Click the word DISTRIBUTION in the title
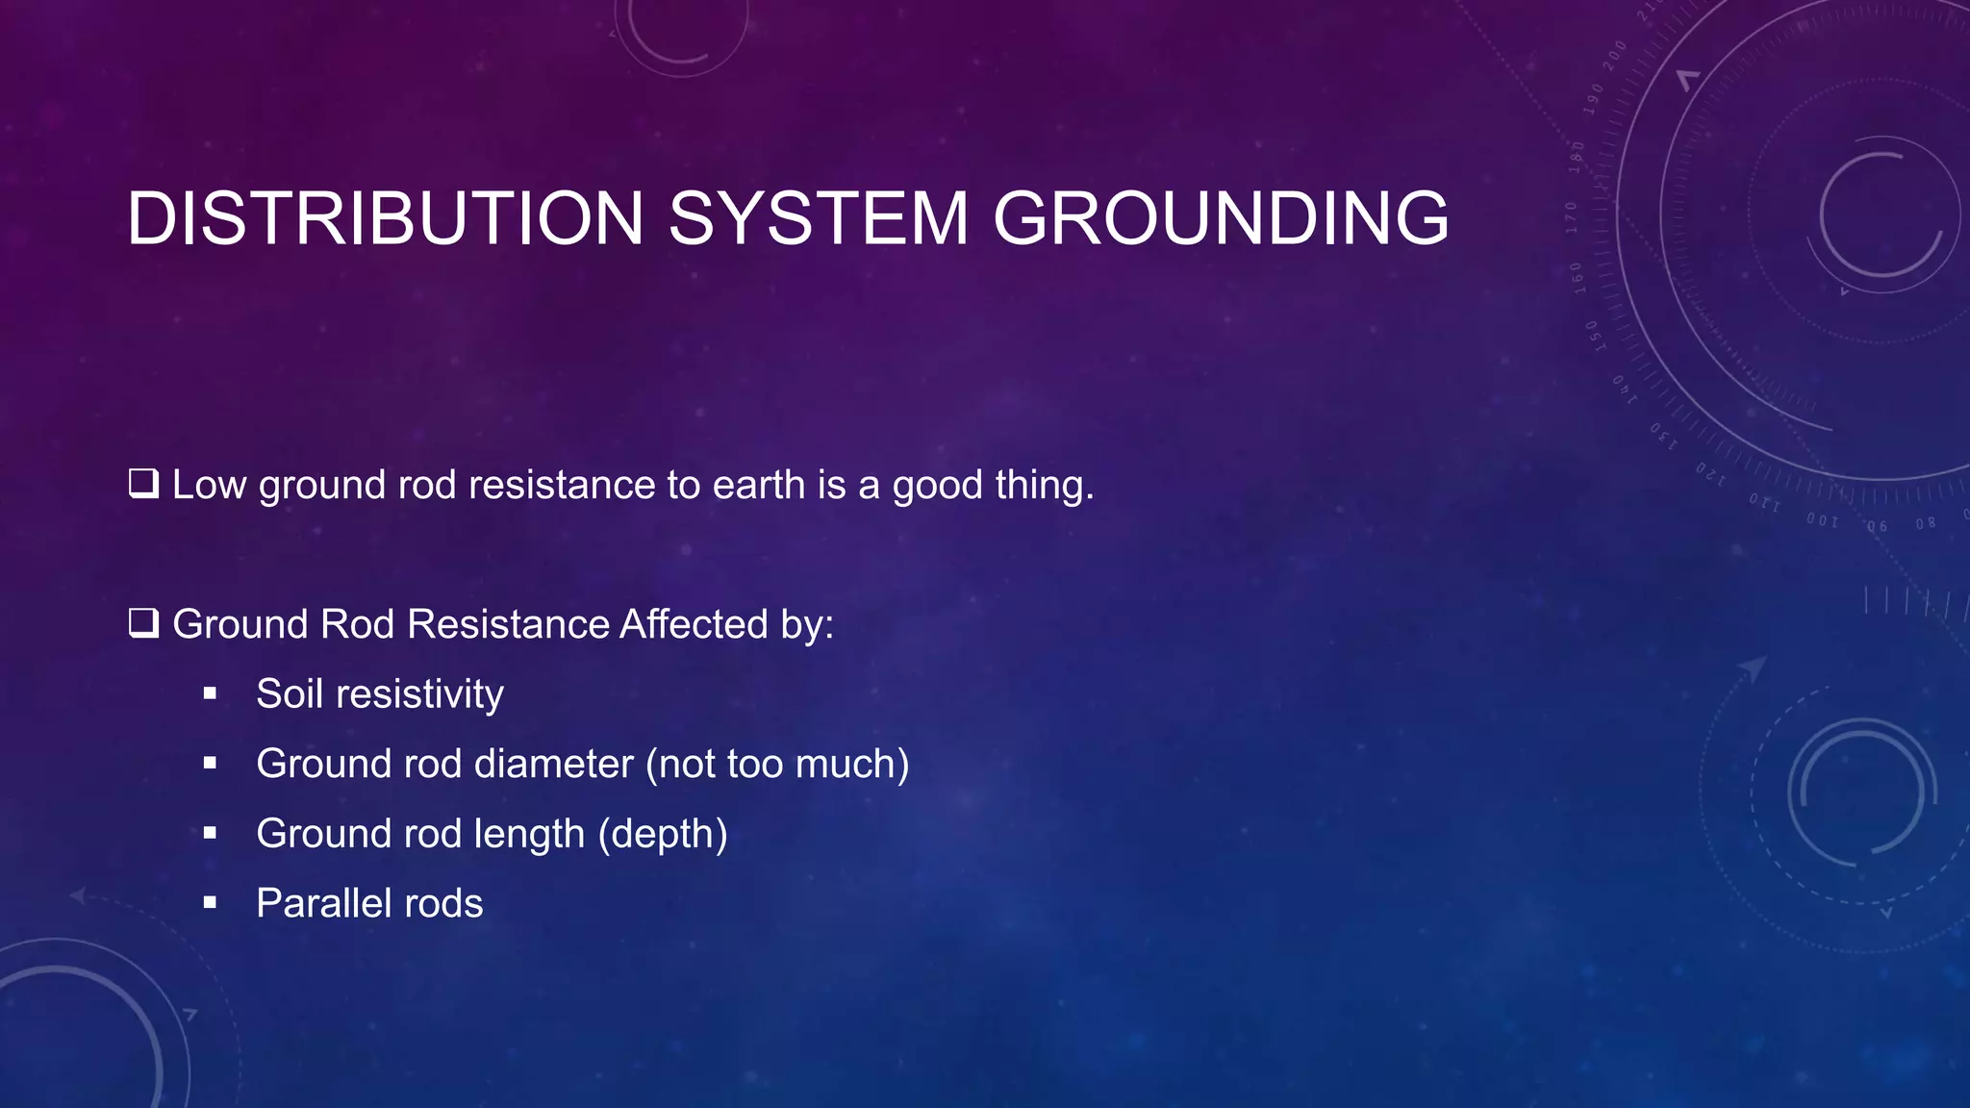[x=385, y=219]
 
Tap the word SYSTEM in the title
[x=819, y=219]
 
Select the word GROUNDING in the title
[x=1220, y=219]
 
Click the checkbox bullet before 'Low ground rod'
[x=143, y=483]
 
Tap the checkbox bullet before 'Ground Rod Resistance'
[x=143, y=623]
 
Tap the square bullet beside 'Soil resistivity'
[x=210, y=693]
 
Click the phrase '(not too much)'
[x=777, y=765]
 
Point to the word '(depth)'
[x=663, y=834]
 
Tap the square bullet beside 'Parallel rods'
[x=210, y=903]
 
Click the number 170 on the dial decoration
[x=1572, y=218]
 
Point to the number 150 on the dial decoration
[x=1592, y=336]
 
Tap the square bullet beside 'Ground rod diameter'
[x=210, y=764]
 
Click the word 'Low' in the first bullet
[x=209, y=485]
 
